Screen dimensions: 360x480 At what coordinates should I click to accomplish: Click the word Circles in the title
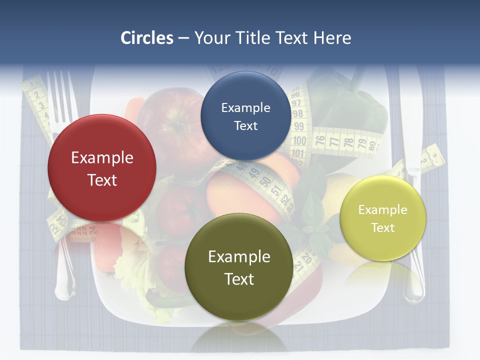146,38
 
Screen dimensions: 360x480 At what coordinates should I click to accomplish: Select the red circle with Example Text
102,168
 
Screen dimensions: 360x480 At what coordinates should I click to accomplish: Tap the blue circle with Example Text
245,116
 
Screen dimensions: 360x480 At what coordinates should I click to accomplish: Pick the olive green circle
239,267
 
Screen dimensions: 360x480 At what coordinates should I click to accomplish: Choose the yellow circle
383,218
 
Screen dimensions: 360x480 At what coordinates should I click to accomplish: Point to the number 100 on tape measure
299,140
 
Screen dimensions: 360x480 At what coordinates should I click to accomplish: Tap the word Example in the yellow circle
382,210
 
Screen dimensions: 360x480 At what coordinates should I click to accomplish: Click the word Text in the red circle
102,180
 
